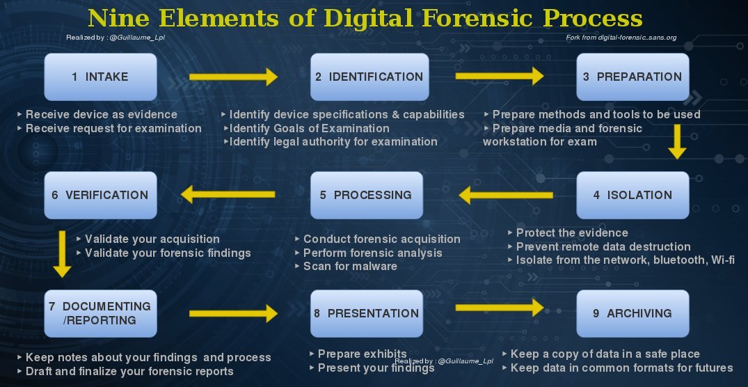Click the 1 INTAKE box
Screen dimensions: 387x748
click(x=100, y=77)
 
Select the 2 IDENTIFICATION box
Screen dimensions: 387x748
click(x=367, y=77)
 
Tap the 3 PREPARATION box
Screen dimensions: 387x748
click(x=632, y=77)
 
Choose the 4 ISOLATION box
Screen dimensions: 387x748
click(x=632, y=195)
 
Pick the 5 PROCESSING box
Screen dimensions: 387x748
click(x=366, y=195)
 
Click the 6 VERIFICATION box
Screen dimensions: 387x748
click(x=100, y=195)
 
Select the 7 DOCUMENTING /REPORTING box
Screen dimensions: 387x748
click(x=100, y=313)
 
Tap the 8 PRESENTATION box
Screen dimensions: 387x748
click(x=366, y=313)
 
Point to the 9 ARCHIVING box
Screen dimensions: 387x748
click(x=632, y=313)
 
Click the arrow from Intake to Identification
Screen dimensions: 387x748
click(x=233, y=77)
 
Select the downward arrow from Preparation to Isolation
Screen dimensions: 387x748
click(x=676, y=142)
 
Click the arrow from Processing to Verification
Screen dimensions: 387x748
click(x=230, y=196)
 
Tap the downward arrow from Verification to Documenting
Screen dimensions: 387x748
click(x=63, y=253)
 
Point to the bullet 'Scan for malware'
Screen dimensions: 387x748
click(x=349, y=267)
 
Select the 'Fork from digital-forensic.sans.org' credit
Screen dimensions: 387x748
click(x=621, y=38)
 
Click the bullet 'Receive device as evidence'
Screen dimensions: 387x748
click(x=101, y=114)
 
